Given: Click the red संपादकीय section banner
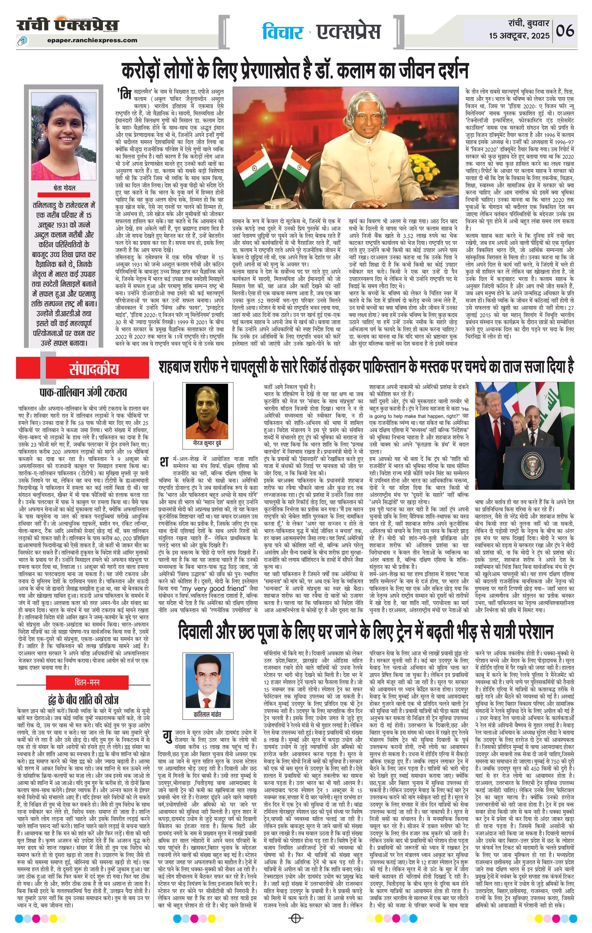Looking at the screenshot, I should point(94,369).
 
